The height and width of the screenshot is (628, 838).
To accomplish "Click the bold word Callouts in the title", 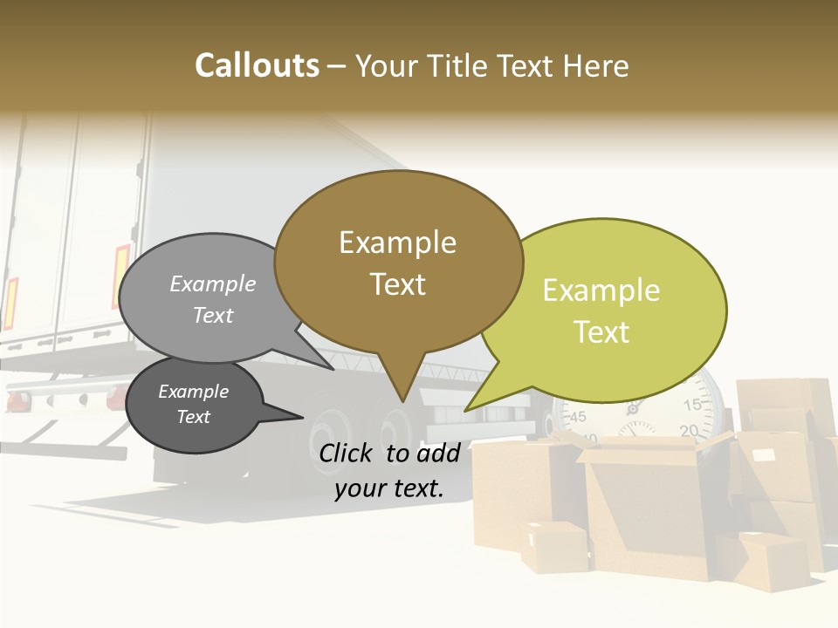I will (257, 65).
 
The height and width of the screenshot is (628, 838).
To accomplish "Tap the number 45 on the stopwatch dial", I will (578, 417).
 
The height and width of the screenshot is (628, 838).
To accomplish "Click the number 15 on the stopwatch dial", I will (692, 405).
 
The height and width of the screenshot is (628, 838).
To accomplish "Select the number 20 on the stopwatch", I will (688, 430).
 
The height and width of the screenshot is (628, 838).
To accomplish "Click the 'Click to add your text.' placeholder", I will (389, 471).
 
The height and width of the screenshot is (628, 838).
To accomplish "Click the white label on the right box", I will (764, 454).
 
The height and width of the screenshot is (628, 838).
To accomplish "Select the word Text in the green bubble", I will (602, 332).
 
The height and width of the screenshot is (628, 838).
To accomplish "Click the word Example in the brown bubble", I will (398, 242).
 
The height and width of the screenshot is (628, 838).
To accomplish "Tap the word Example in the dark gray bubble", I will (193, 392).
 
